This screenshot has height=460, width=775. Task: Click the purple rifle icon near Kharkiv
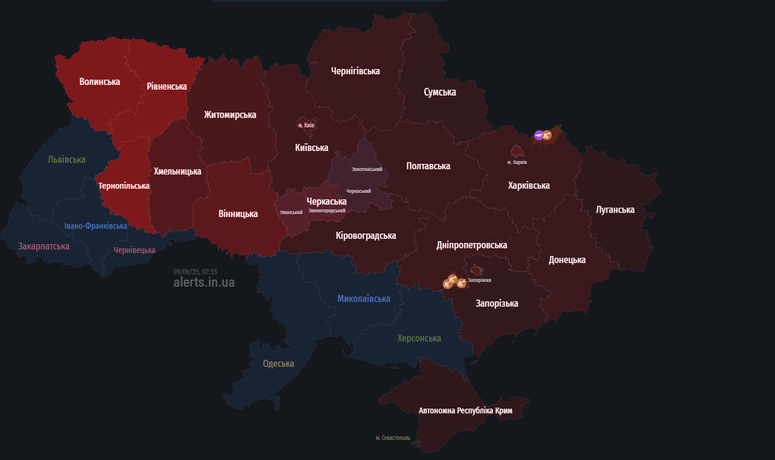tap(539, 135)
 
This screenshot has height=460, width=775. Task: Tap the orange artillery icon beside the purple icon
tap(547, 136)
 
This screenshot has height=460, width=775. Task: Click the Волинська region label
tap(100, 81)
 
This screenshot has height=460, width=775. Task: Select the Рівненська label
tap(167, 86)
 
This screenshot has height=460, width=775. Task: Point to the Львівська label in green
tap(67, 159)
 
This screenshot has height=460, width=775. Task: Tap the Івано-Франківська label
tap(95, 226)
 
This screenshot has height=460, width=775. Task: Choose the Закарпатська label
tap(44, 246)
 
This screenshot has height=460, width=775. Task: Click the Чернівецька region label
tap(134, 250)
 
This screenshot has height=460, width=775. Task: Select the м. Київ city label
tap(306, 125)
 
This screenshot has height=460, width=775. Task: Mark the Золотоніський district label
tap(367, 169)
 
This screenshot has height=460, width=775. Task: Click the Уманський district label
tap(291, 212)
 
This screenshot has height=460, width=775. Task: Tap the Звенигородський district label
tap(327, 210)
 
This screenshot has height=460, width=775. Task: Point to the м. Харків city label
tap(517, 162)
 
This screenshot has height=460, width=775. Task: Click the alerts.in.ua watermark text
tap(204, 282)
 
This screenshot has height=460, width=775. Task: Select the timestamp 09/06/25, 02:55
tap(195, 272)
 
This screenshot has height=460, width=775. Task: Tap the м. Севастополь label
tap(393, 438)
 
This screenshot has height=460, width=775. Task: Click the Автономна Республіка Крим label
tap(465, 410)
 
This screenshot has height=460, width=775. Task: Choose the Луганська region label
tap(615, 209)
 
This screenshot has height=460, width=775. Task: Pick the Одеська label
tap(278, 363)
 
